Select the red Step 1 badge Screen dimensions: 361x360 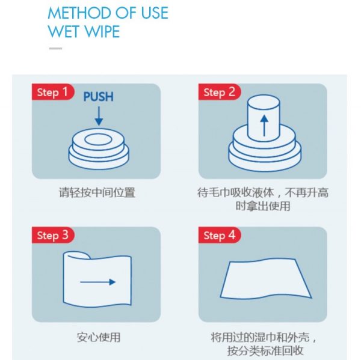click(x=53, y=92)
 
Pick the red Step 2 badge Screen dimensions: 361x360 click(x=220, y=92)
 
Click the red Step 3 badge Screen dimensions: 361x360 click(x=53, y=235)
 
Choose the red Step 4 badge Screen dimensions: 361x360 click(x=220, y=235)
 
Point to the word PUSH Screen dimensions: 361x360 click(x=98, y=97)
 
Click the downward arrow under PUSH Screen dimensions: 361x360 click(x=99, y=116)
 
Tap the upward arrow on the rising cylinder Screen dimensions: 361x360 click(x=264, y=126)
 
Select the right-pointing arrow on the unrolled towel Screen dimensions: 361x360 click(x=98, y=282)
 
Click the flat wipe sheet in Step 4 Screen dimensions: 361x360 click(x=266, y=279)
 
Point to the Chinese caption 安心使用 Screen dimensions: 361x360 click(x=99, y=337)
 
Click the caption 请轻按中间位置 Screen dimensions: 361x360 click(x=97, y=192)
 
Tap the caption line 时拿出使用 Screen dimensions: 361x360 click(x=263, y=206)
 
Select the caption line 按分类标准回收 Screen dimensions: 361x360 click(x=265, y=351)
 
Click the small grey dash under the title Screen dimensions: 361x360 click(x=55, y=48)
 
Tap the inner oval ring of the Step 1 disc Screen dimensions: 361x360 click(x=99, y=139)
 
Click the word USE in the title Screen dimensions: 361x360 click(x=155, y=13)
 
